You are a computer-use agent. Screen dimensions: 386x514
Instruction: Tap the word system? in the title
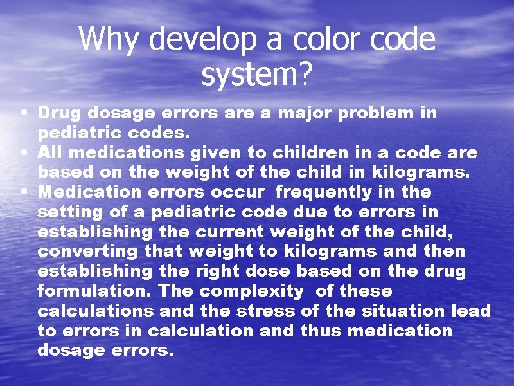pos(256,76)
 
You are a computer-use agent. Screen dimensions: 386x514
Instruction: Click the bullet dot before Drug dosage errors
pos(23,113)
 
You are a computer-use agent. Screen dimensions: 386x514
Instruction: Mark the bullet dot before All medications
pos(23,153)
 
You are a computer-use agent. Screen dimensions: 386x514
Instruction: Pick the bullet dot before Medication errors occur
pos(23,192)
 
